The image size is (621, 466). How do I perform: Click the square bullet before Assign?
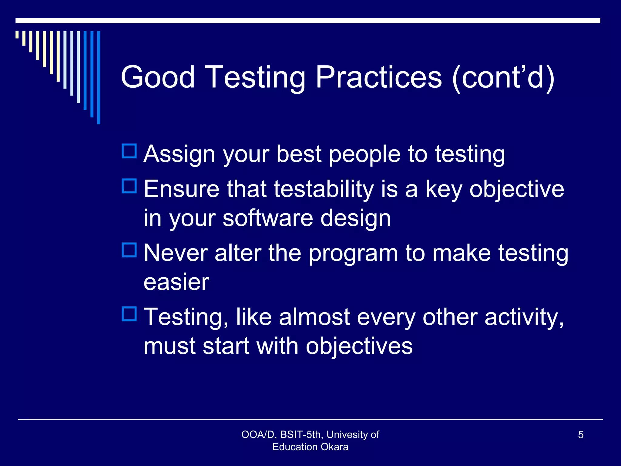click(129, 151)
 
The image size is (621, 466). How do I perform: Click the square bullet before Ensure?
click(129, 186)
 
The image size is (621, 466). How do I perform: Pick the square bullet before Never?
click(129, 250)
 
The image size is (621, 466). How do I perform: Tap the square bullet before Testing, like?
click(129, 314)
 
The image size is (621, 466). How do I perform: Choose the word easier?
click(176, 282)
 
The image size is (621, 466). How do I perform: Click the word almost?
click(314, 317)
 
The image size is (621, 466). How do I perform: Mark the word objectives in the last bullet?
click(359, 346)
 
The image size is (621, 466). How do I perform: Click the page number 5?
click(581, 435)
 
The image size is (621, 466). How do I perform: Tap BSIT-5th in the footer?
click(300, 435)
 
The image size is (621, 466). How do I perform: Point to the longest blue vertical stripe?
click(99, 77)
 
